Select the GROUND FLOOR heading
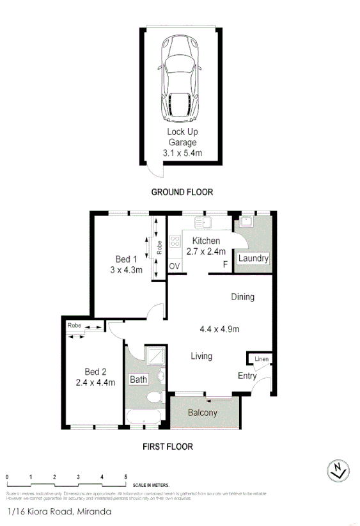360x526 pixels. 182,192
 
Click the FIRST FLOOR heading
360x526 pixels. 168,447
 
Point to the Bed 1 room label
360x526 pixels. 126,259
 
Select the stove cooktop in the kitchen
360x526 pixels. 175,243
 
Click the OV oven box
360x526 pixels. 174,266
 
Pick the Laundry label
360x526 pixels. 253,259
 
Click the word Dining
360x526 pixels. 243,297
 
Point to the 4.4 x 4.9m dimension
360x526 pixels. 219,330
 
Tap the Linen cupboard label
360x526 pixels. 262,360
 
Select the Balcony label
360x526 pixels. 203,413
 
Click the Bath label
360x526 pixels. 139,379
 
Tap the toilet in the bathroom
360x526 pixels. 154,399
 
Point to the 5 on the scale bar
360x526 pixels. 126,477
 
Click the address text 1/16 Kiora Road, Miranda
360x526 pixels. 59,512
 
